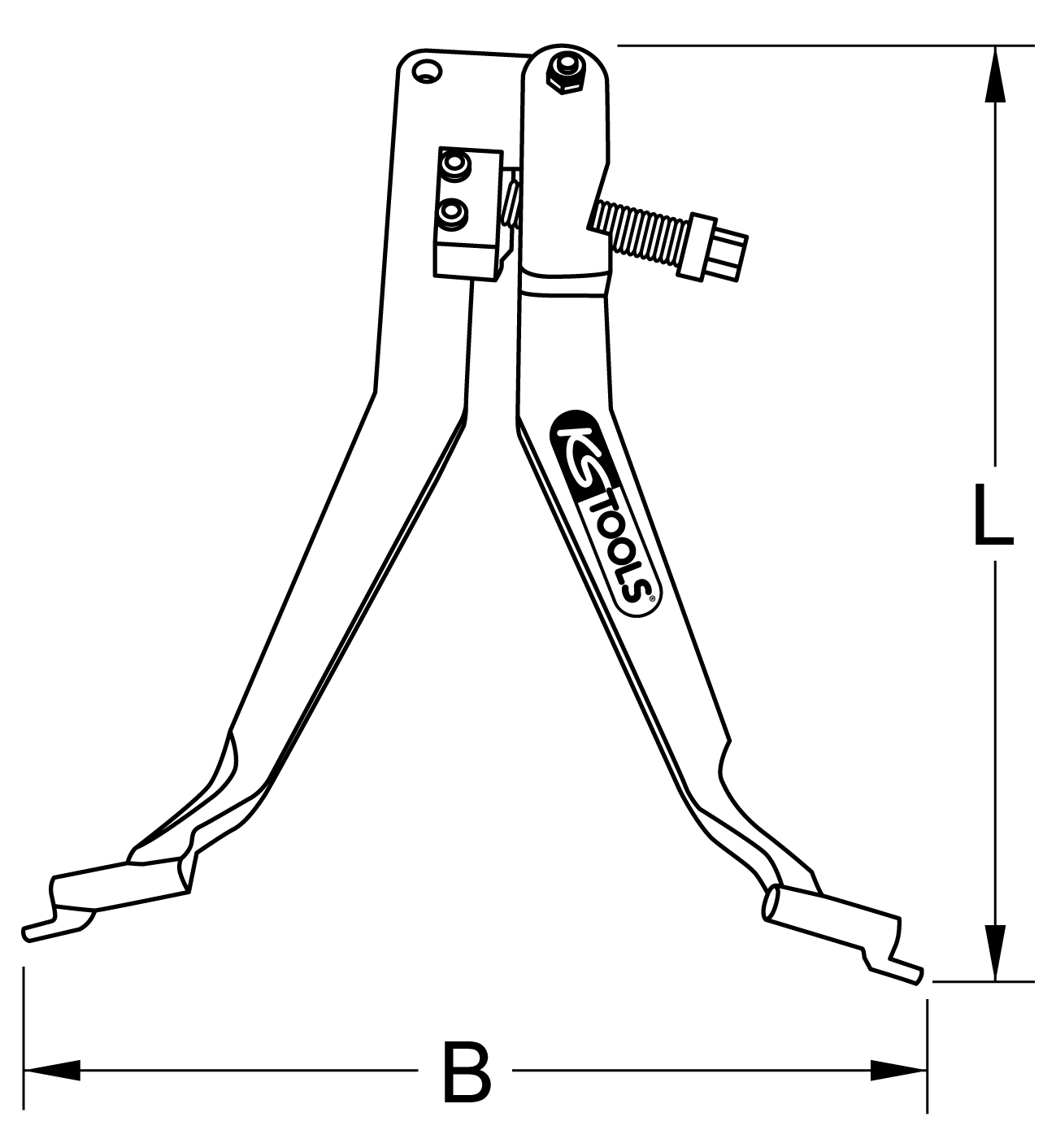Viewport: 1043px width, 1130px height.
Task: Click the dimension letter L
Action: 993,515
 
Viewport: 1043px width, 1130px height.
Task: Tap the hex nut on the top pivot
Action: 564,73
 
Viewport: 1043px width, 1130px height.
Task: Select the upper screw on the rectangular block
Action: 455,167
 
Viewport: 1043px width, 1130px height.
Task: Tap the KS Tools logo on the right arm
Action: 605,513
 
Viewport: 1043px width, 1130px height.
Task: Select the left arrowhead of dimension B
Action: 52,1071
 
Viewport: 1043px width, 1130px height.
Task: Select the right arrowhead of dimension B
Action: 899,1071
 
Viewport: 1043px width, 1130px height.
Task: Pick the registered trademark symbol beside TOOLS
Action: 651,598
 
